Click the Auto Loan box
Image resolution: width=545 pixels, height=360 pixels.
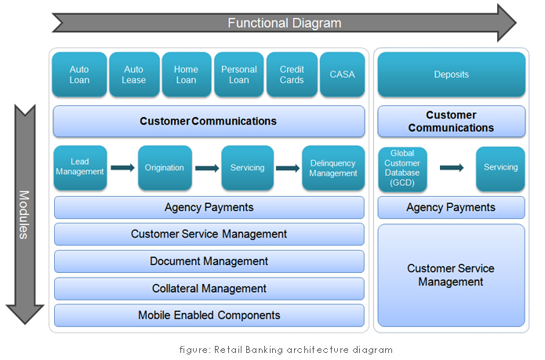[x=79, y=75]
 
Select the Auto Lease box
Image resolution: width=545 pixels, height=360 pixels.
[x=133, y=75]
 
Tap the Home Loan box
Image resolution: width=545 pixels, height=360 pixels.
[x=186, y=75]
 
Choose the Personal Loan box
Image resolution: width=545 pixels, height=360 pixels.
[x=238, y=75]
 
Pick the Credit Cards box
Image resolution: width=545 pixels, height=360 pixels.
[x=292, y=75]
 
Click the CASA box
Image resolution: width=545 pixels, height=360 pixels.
[x=342, y=75]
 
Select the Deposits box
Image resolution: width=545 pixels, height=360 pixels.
[x=451, y=75]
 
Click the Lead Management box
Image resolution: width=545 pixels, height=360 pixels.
[x=80, y=167]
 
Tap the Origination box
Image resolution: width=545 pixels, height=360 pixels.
[x=165, y=167]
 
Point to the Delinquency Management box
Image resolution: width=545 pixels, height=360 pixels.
[x=333, y=167]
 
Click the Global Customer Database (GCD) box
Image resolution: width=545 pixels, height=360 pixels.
[x=402, y=167]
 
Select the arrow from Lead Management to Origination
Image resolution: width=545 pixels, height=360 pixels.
[x=122, y=167]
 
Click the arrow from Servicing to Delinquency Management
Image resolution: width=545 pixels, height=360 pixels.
[x=286, y=167]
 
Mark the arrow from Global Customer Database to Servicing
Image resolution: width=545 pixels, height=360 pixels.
[x=452, y=167]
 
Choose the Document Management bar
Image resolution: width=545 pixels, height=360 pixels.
[x=209, y=261]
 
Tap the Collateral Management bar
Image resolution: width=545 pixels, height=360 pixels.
[x=209, y=289]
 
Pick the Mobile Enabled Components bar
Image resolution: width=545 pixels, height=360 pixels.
[x=209, y=315]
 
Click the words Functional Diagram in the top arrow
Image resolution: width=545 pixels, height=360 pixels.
[x=284, y=23]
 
